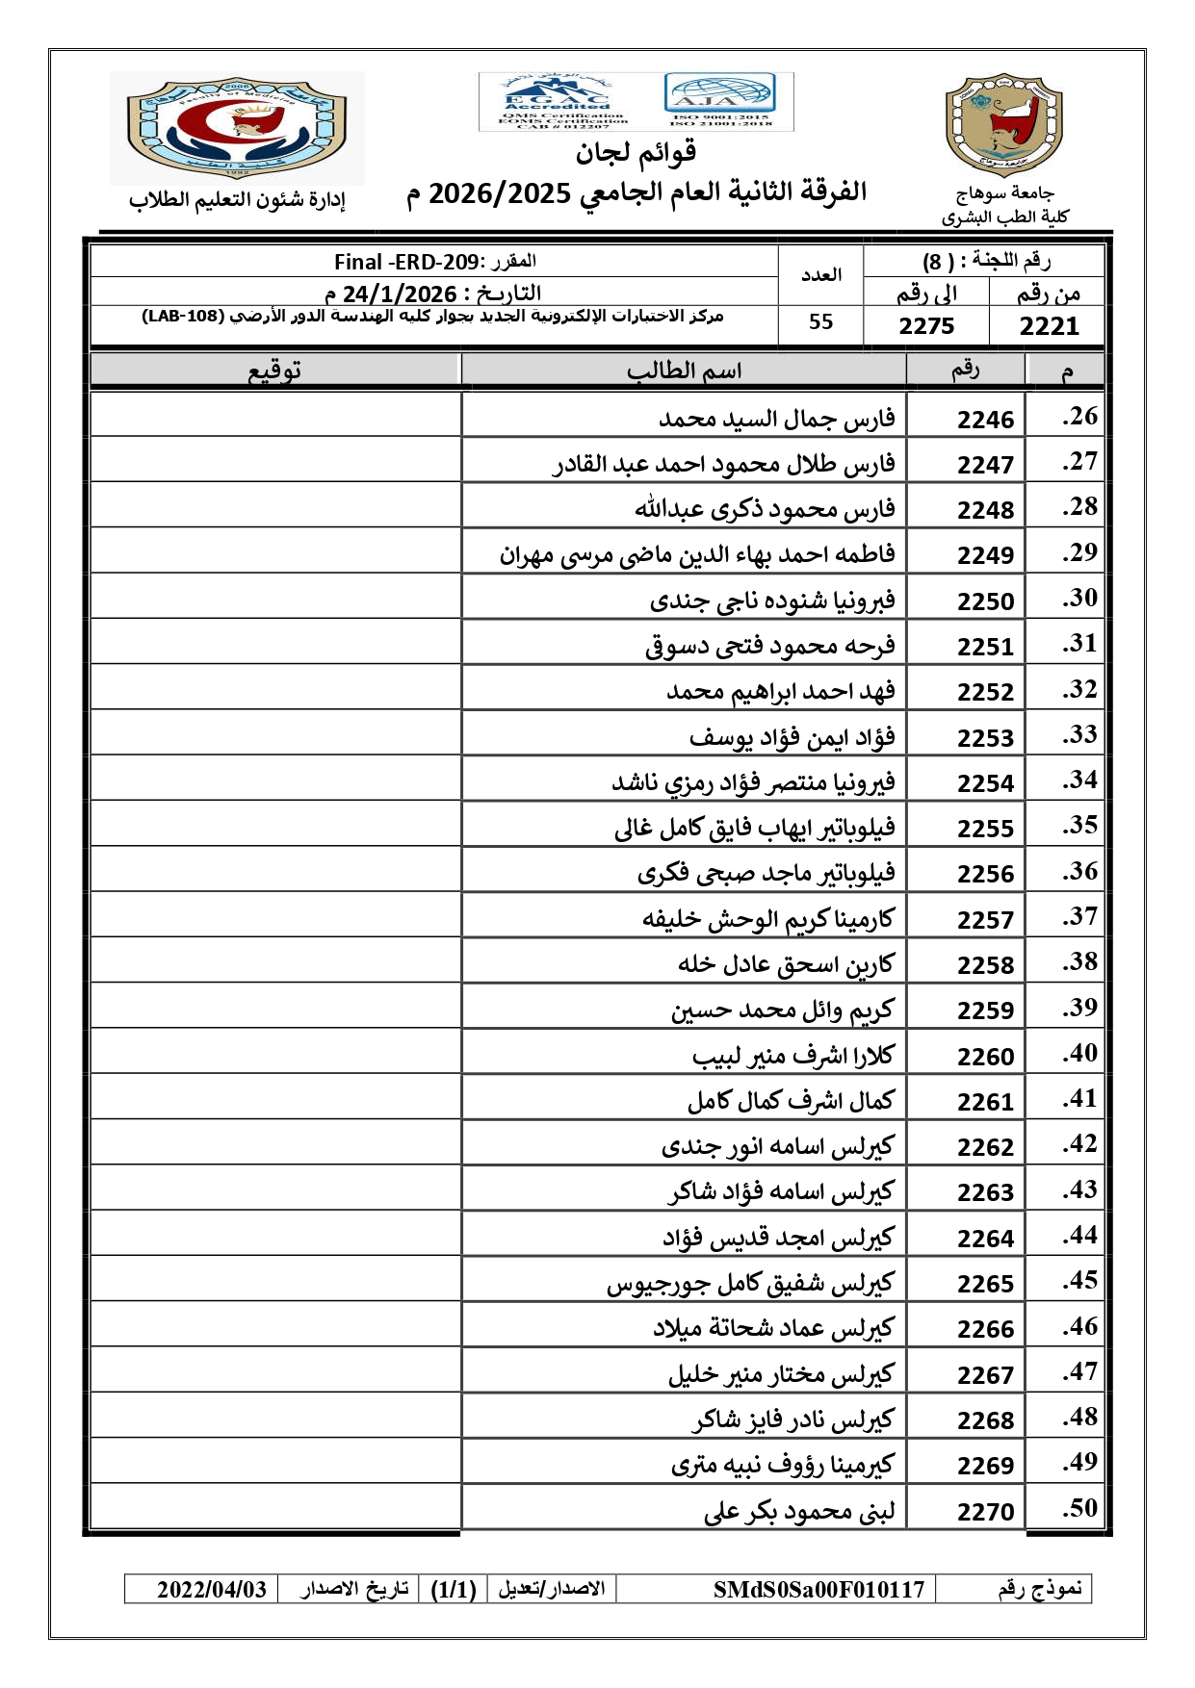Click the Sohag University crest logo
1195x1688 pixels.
click(1004, 126)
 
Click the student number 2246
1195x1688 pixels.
click(985, 420)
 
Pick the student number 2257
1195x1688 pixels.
click(985, 920)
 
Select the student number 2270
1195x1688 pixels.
click(985, 1512)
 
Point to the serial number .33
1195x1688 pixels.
click(1079, 734)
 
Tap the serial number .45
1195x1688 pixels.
click(1079, 1280)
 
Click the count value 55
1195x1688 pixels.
click(820, 322)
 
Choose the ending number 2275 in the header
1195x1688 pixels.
click(926, 326)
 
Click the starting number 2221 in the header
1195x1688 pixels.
click(1049, 326)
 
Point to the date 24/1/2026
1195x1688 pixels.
click(399, 294)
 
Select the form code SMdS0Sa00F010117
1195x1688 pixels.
click(818, 1589)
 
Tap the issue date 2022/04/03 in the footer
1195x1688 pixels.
click(212, 1589)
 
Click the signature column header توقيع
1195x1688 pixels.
click(275, 371)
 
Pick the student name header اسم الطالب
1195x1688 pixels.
click(684, 371)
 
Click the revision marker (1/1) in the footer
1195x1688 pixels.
click(454, 1589)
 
